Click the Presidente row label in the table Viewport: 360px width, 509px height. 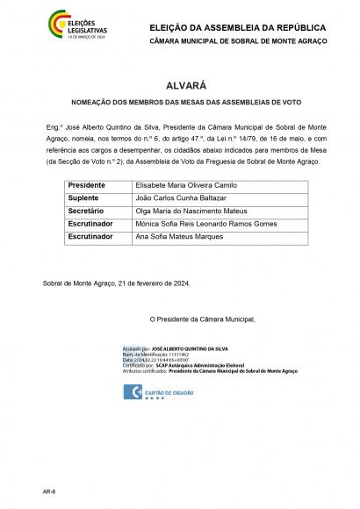87,186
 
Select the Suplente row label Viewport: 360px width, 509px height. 84,199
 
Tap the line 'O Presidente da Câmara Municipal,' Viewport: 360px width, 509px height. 201,319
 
